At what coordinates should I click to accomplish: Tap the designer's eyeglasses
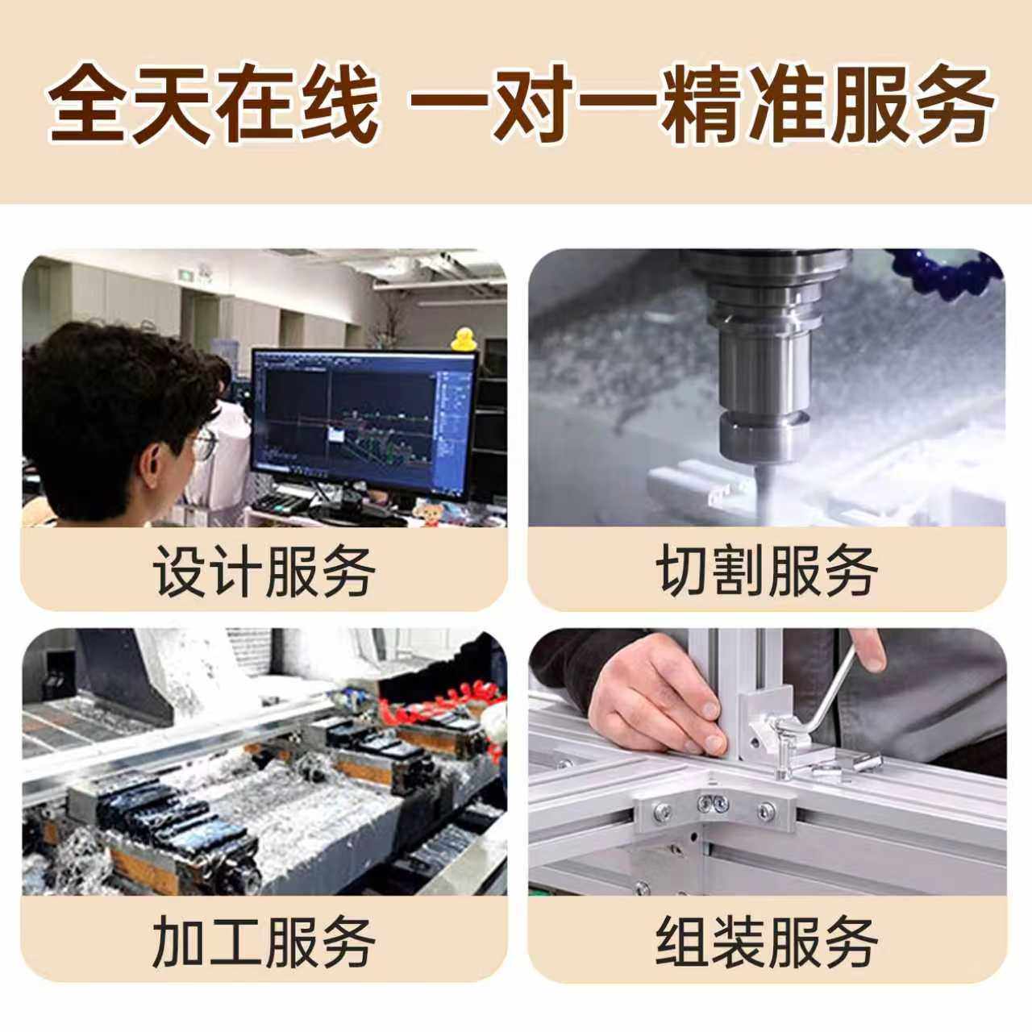[x=204, y=443]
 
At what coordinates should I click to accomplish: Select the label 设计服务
[x=264, y=572]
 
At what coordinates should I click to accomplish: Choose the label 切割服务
[x=767, y=572]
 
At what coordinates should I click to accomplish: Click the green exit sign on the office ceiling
[x=186, y=275]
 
